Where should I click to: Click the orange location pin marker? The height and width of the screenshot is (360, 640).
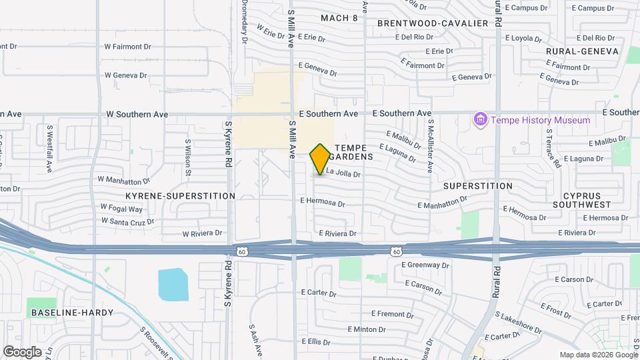point(320,159)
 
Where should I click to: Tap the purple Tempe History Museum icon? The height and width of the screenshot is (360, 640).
point(479,120)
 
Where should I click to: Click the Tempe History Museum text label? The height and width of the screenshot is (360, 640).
point(541,120)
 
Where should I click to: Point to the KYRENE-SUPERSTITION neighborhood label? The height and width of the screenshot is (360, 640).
point(180,196)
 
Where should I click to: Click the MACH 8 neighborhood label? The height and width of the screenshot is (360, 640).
point(339,18)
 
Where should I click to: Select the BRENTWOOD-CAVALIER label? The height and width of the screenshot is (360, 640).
point(433,23)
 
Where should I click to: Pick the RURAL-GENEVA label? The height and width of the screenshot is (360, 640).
point(582,51)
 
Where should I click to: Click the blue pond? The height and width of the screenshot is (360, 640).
point(173,285)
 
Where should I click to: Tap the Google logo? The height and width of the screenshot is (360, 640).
point(22,351)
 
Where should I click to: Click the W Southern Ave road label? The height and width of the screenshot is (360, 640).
point(137,114)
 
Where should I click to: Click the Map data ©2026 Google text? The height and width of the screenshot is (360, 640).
point(598,355)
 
